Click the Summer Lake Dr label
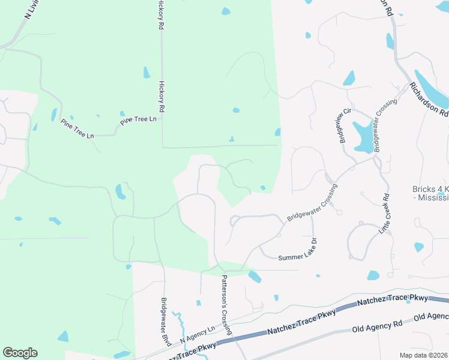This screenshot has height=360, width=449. [x=297, y=250]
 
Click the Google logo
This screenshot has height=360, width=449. [x=20, y=353]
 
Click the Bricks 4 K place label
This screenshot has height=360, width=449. [x=430, y=193]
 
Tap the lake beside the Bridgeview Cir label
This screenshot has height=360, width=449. [x=363, y=137]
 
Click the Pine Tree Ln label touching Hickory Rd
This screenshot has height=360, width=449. [x=138, y=120]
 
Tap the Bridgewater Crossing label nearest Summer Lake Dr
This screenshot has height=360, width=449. [x=312, y=203]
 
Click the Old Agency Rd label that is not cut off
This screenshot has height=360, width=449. [x=377, y=327]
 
